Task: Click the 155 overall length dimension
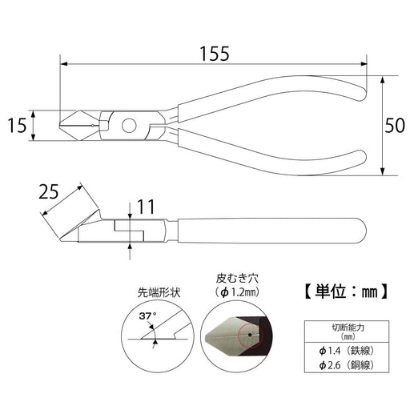tap(215, 54)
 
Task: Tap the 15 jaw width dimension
tap(17, 126)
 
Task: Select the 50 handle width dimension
tap(395, 126)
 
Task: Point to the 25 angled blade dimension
tap(48, 191)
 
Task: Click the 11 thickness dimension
tap(146, 207)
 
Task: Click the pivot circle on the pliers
tap(129, 126)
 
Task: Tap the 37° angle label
tap(147, 316)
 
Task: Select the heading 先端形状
tap(159, 293)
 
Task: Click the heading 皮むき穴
tap(237, 279)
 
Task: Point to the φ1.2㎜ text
tap(237, 293)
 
